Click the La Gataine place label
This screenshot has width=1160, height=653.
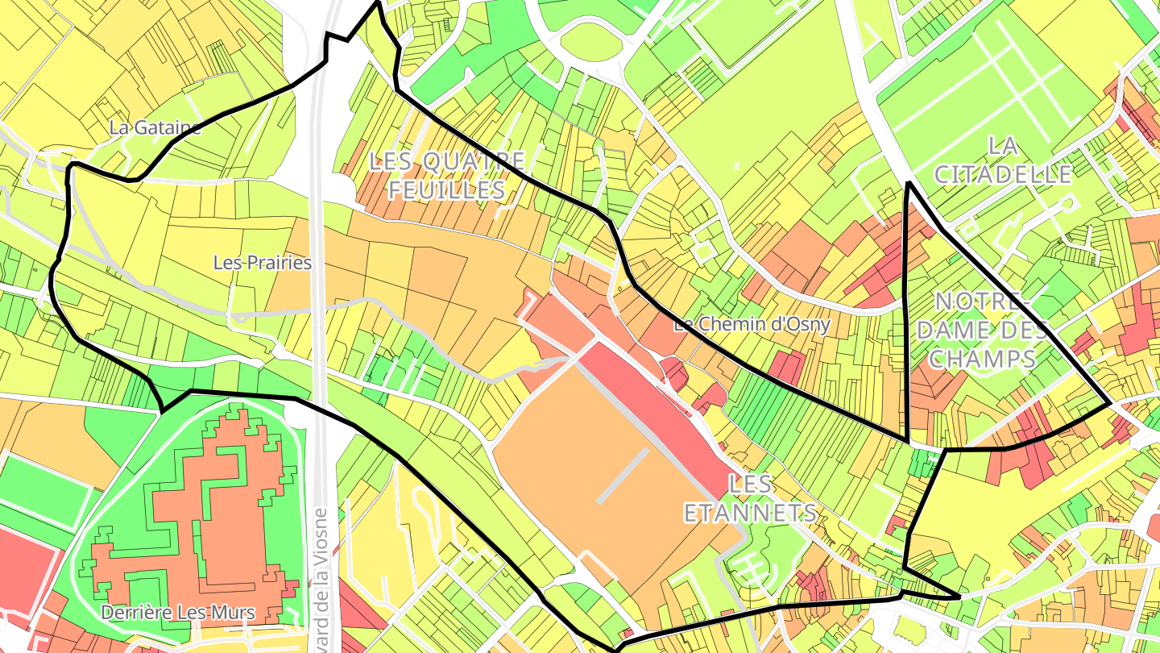point(155,127)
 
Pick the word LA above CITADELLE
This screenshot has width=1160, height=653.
point(1002,146)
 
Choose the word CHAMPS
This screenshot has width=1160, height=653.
point(982,359)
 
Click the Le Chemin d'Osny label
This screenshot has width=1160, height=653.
point(752,325)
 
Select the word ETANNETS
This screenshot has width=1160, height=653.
point(750,513)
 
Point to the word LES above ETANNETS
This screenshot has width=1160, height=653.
point(750,485)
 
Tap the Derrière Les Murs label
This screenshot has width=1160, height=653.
point(178,613)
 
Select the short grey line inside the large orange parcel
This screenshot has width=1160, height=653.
point(623,476)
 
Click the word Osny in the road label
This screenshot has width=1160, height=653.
point(809,325)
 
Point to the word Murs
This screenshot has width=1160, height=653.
point(235,613)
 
